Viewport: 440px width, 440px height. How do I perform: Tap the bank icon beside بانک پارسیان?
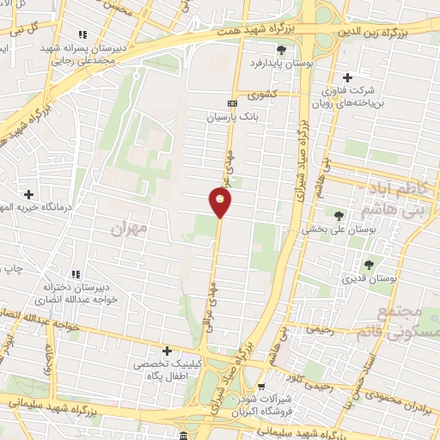click(229, 103)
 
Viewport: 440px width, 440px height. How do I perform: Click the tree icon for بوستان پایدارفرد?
click(256, 50)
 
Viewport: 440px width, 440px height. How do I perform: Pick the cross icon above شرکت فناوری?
click(347, 76)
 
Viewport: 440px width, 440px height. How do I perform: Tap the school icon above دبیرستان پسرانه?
click(82, 35)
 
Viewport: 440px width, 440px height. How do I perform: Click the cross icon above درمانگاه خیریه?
click(28, 194)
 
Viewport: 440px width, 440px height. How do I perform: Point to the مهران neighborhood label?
click(130, 229)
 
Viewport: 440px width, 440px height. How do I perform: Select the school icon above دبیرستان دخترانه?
click(75, 273)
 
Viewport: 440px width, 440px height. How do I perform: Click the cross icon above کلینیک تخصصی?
click(168, 351)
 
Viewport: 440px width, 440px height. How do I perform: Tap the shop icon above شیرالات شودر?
click(261, 387)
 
